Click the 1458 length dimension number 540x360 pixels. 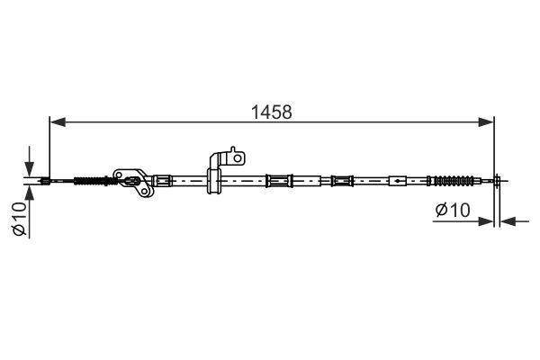pyautogui.click(x=272, y=112)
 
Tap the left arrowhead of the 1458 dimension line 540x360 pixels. pyautogui.click(x=58, y=122)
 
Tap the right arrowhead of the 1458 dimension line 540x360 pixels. pyautogui.click(x=486, y=122)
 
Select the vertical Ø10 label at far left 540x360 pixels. pyautogui.click(x=20, y=219)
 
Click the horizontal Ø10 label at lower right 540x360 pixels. pyautogui.click(x=453, y=210)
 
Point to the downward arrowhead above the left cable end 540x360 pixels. pyautogui.click(x=30, y=169)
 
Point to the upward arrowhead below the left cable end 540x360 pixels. pyautogui.click(x=30, y=193)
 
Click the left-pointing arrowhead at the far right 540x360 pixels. pyautogui.click(x=508, y=221)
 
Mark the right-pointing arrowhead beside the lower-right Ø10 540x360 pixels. pyautogui.click(x=486, y=221)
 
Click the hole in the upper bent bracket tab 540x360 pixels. pyautogui.click(x=238, y=158)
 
